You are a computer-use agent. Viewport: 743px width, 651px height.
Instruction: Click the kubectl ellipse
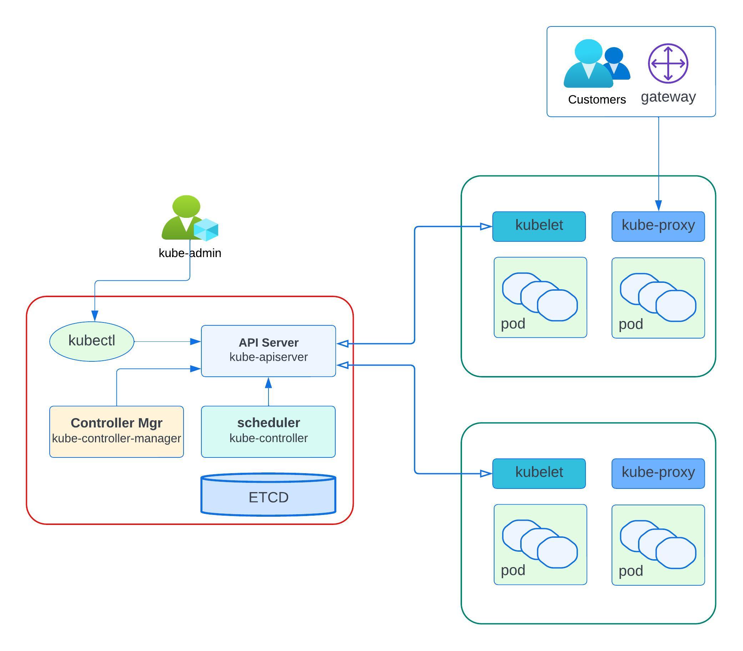[x=91, y=341]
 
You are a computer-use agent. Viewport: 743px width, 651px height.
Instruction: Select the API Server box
[x=268, y=351]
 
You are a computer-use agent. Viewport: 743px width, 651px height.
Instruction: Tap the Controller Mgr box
[x=116, y=431]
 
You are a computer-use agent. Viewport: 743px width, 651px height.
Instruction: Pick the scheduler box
[x=268, y=431]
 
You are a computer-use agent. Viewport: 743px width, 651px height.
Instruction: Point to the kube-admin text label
[x=190, y=253]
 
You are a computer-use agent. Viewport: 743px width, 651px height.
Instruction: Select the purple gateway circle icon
[x=668, y=63]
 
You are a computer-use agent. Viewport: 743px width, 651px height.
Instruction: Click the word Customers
[x=597, y=100]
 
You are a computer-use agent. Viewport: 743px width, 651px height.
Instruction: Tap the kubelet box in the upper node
[x=539, y=226]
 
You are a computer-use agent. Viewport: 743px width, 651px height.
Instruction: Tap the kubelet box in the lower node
[x=539, y=473]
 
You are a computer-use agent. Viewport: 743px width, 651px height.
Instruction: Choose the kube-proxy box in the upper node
[x=658, y=226]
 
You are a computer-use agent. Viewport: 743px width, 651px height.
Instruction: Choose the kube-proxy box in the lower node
[x=658, y=473]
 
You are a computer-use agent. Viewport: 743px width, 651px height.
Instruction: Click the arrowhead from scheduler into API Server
[x=268, y=383]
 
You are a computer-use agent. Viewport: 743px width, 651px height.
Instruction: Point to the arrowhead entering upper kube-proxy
[x=658, y=205]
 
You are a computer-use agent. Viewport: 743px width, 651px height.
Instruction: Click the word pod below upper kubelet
[x=513, y=323]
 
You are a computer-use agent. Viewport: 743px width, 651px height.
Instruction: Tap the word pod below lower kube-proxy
[x=631, y=571]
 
